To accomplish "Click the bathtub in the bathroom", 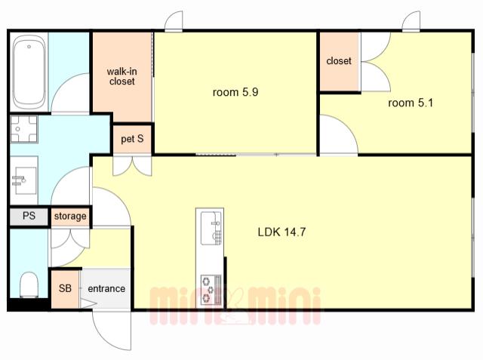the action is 29,72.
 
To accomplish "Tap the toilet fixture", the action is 29,285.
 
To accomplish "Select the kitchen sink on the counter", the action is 211,228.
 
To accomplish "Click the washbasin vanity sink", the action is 24,180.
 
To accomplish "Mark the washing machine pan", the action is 24,129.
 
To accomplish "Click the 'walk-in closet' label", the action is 122,76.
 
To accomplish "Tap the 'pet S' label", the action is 132,139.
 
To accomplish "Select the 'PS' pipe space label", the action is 29,216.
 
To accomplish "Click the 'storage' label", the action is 70,216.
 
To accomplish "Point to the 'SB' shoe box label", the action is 65,288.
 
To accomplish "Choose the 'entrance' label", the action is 106,288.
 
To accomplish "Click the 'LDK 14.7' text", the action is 281,232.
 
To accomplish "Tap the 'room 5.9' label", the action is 235,92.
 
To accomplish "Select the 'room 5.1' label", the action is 411,103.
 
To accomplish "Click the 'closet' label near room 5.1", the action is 339,60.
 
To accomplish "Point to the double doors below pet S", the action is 133,166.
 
